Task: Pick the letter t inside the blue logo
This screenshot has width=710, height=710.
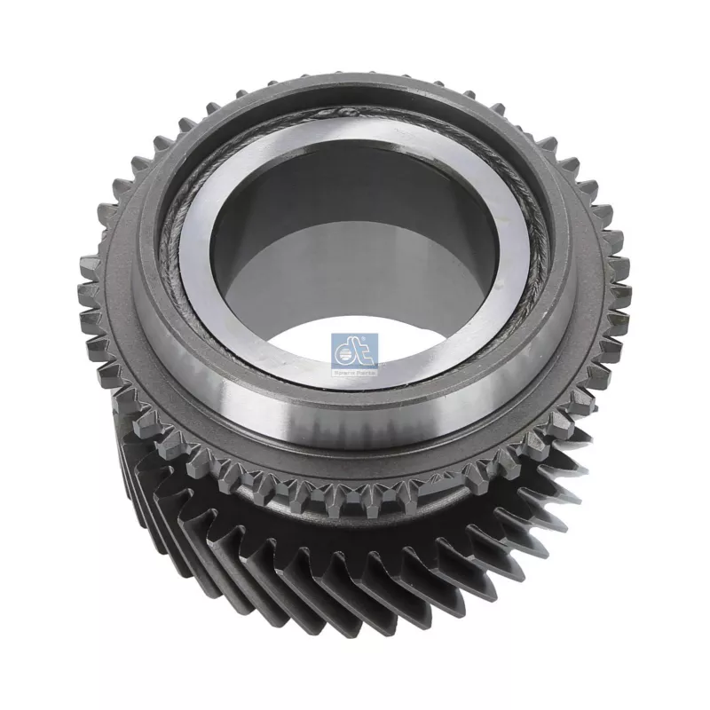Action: pos(364,351)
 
